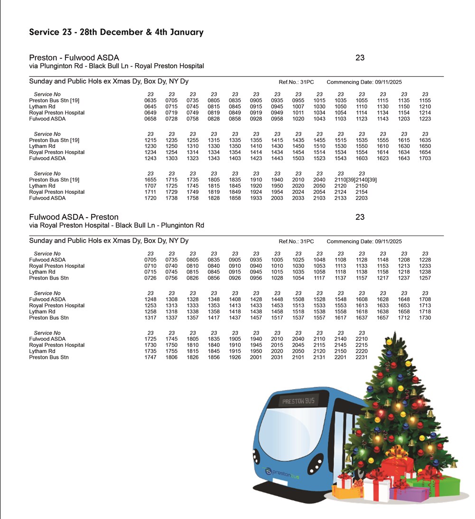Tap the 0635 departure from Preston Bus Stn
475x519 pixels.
click(150, 100)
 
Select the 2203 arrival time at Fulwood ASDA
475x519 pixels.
click(362, 198)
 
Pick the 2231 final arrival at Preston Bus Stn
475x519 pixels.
click(362, 357)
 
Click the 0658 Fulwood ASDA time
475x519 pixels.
click(150, 119)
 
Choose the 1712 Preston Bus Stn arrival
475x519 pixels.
click(404, 318)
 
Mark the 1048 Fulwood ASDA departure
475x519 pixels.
click(320, 260)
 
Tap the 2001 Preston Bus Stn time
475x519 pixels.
click(256, 357)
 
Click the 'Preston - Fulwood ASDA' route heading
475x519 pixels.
click(74, 58)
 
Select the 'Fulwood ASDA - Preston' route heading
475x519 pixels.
click(74, 217)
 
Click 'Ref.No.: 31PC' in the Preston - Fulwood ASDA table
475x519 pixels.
click(296, 82)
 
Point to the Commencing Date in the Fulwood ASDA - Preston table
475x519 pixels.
click(364, 241)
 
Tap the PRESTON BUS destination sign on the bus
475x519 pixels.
click(298, 401)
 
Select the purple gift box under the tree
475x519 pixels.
click(408, 495)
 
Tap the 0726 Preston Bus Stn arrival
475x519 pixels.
click(150, 278)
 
